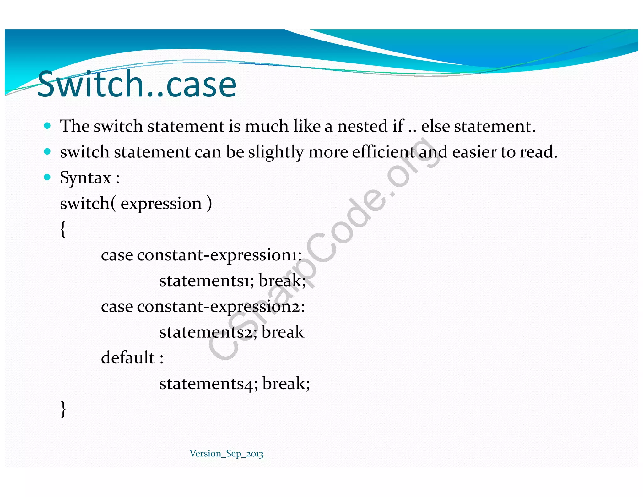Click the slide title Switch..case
click(x=137, y=84)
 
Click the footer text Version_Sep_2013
click(x=226, y=454)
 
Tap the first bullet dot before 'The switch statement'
click(x=47, y=126)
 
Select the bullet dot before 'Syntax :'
click(x=47, y=177)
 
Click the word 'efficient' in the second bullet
click(x=383, y=152)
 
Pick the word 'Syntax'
click(x=85, y=178)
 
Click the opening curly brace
click(x=63, y=229)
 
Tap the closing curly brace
click(x=63, y=409)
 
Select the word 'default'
click(x=128, y=358)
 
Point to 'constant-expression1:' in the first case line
click(x=219, y=255)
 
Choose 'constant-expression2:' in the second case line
click(x=221, y=306)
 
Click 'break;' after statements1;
click(x=282, y=281)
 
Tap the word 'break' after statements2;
click(x=283, y=332)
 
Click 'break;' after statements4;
click(x=286, y=384)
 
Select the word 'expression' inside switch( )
click(x=161, y=204)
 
